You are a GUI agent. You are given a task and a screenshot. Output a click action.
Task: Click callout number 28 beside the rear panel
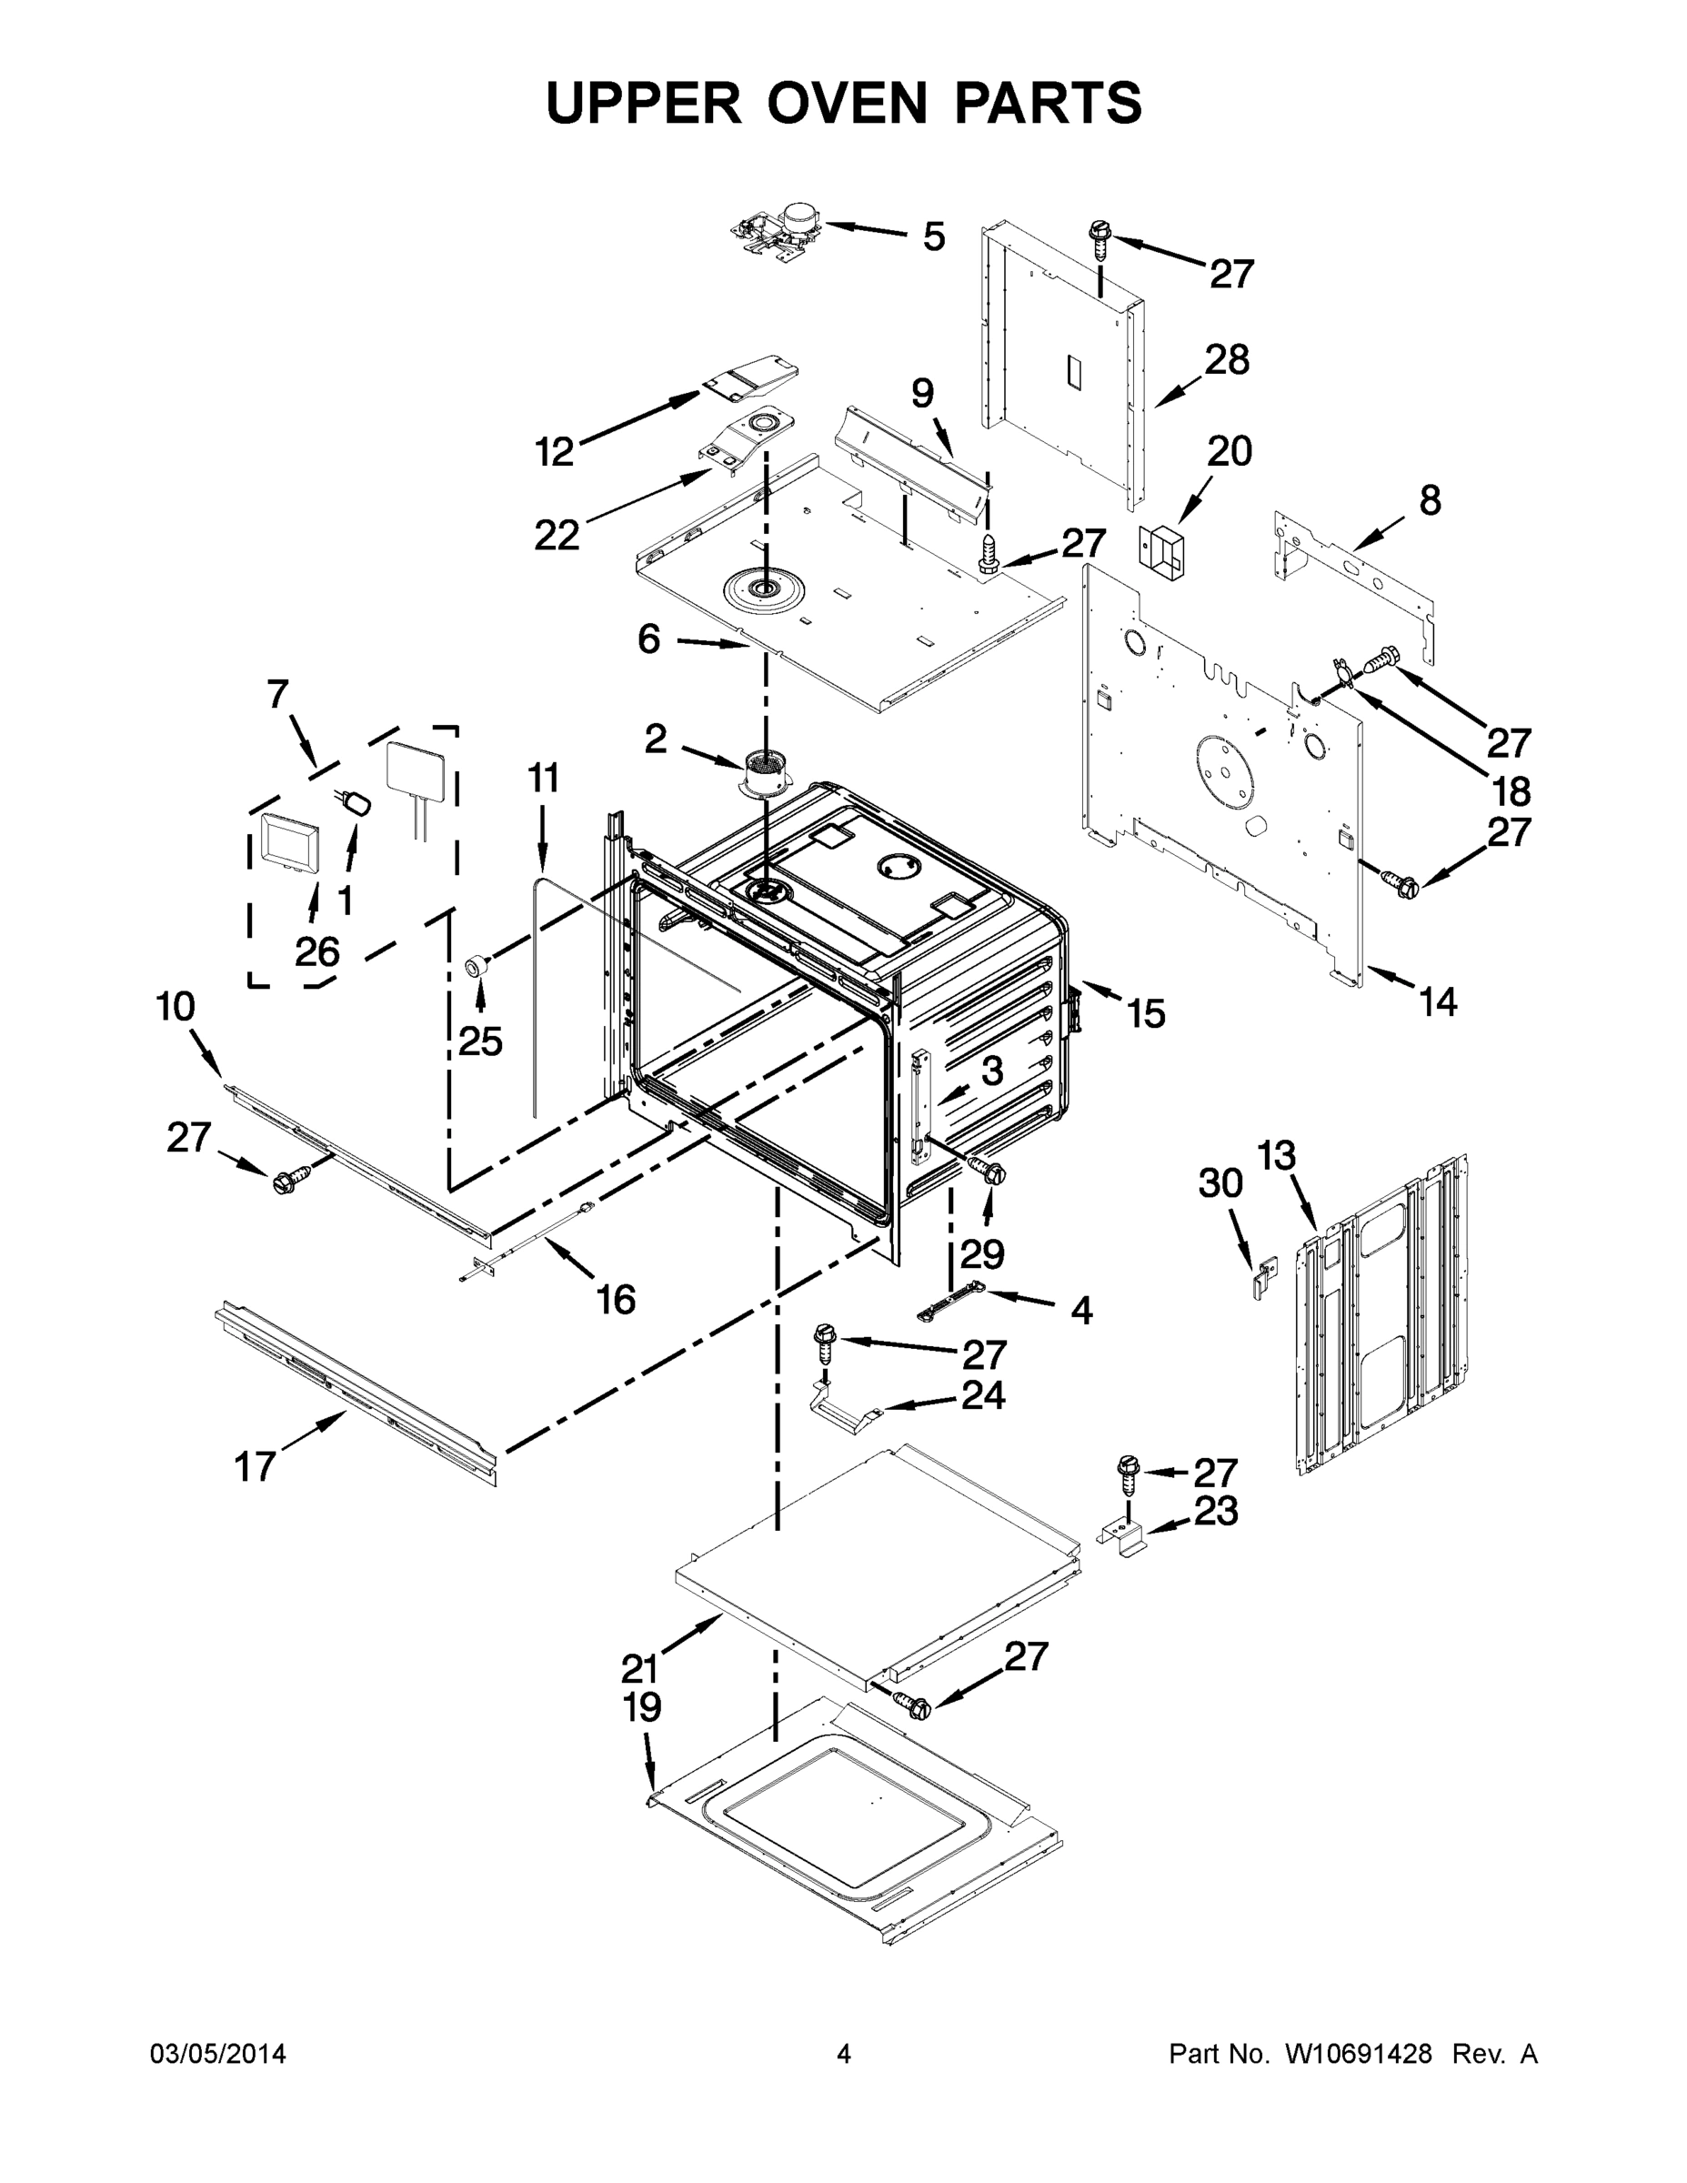click(1226, 360)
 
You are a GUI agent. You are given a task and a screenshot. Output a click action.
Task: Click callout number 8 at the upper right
click(1431, 499)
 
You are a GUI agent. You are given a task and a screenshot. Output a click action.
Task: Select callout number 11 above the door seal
click(543, 778)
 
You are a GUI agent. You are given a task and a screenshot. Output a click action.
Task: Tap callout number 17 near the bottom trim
click(255, 1466)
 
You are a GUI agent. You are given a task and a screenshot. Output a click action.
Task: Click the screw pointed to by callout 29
click(989, 1172)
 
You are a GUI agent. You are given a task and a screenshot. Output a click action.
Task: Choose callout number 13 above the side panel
click(1275, 1155)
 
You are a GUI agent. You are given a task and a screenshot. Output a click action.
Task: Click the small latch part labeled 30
click(1263, 1277)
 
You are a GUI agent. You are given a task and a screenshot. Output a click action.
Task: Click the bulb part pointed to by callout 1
click(356, 801)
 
